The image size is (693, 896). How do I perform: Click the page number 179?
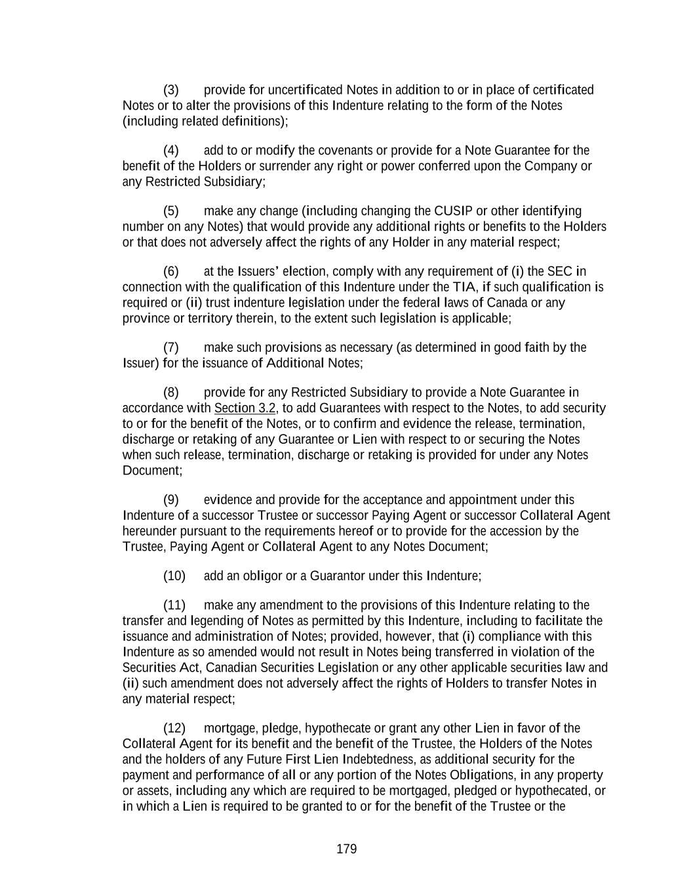point(346,849)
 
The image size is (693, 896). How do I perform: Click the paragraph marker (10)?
point(174,576)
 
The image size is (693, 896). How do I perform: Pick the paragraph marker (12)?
point(174,729)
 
